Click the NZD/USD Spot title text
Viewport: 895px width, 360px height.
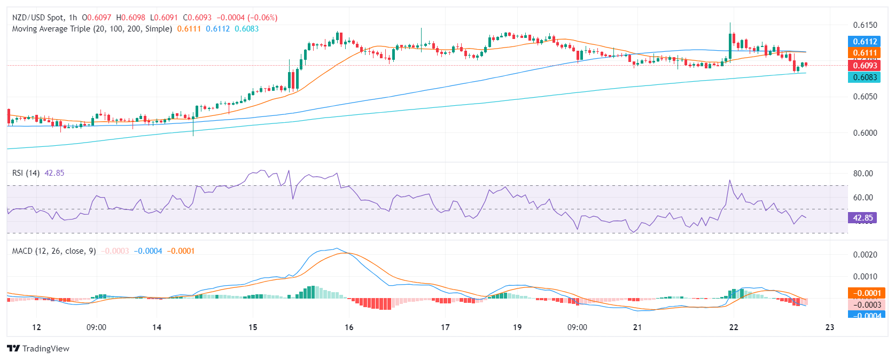37,18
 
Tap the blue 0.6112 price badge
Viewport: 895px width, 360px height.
865,42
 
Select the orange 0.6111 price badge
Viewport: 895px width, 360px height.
865,53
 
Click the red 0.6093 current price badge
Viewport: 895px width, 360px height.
865,66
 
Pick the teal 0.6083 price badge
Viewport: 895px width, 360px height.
865,77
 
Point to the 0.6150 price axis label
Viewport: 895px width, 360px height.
865,25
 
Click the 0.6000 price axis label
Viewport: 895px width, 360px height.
865,133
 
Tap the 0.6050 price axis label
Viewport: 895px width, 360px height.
865,97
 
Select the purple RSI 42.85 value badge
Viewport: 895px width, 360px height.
862,218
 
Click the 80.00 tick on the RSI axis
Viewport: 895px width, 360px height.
863,174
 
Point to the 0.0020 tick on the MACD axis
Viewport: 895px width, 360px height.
865,255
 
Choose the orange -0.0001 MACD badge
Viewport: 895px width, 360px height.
866,293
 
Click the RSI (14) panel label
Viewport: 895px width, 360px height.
26,173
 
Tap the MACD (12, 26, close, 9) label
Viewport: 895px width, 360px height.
54,251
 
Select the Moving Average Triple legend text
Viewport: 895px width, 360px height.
92,29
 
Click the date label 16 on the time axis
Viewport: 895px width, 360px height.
349,327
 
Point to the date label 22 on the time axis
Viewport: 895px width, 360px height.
734,327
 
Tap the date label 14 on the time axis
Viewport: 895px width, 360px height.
157,327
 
